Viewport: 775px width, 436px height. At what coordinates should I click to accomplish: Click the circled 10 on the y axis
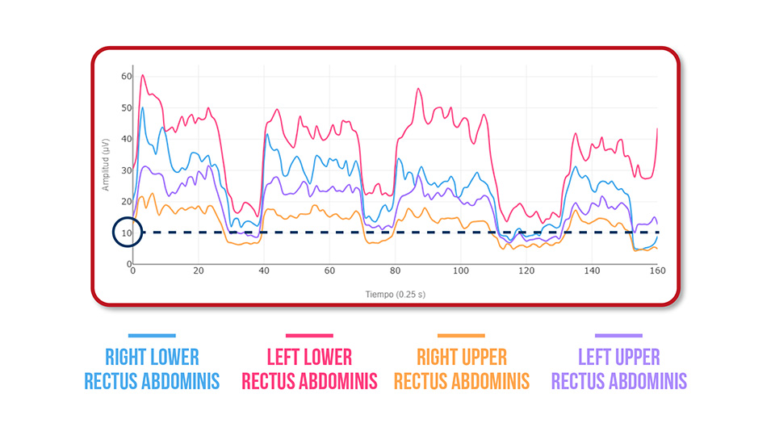(128, 233)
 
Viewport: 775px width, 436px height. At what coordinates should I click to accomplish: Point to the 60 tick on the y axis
(127, 76)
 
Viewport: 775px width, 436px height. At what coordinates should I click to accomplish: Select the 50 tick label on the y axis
(127, 107)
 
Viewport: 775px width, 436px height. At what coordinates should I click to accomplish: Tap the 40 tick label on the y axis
(127, 139)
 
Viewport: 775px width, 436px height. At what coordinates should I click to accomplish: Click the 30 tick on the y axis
(127, 170)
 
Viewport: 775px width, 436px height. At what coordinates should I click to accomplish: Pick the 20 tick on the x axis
(199, 271)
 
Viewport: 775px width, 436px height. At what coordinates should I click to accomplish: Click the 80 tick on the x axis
(395, 271)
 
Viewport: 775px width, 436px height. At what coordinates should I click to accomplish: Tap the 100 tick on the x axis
(460, 271)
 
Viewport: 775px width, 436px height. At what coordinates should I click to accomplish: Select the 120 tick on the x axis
(526, 271)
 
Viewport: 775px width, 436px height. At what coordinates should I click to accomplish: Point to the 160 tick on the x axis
(657, 271)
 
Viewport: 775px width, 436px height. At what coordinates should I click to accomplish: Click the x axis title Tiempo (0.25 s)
(396, 294)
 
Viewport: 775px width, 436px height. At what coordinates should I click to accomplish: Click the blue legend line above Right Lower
(151, 335)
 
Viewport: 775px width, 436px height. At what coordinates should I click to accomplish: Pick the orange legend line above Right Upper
(461, 335)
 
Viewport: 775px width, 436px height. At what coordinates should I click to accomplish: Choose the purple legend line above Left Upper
(618, 335)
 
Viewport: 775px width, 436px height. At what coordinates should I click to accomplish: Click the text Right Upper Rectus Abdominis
(462, 369)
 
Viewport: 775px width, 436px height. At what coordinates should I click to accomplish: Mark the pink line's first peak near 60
(143, 75)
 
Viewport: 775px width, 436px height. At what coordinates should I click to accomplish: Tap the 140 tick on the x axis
(592, 271)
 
